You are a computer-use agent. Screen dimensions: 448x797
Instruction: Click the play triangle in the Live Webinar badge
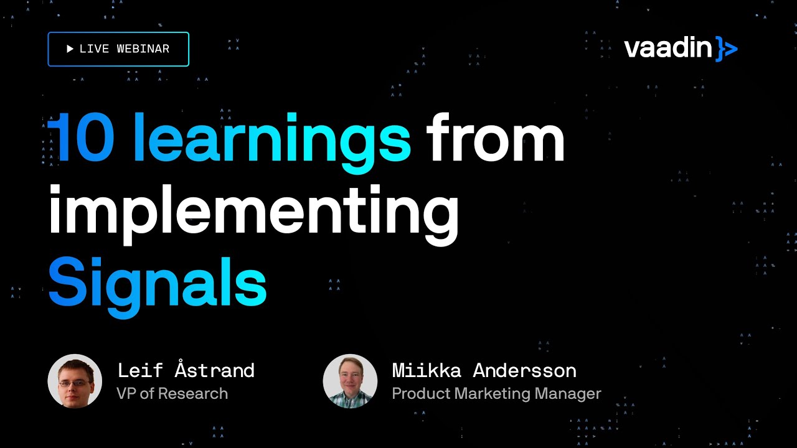(x=70, y=49)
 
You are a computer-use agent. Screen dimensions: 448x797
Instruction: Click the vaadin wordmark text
(x=667, y=49)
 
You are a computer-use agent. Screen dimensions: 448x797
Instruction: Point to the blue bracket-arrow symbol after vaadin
(x=726, y=49)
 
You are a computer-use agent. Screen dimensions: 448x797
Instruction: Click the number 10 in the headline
(x=81, y=138)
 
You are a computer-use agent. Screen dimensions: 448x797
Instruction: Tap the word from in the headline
(x=495, y=138)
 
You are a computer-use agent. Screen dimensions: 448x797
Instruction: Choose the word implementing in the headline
(x=253, y=212)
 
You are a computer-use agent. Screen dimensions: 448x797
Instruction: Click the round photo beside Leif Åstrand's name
(x=75, y=381)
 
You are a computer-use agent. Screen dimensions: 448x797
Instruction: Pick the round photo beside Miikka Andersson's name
(x=350, y=381)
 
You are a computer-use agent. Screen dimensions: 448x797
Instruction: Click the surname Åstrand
(x=215, y=370)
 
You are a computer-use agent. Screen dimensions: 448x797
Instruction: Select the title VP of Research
(x=172, y=393)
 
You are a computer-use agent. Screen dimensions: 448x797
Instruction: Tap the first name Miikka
(x=427, y=371)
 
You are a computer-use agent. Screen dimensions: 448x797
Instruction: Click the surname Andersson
(x=524, y=371)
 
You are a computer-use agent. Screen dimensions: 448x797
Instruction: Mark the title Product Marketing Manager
(x=496, y=393)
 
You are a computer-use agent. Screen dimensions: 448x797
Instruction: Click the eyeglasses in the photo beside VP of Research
(x=74, y=383)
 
